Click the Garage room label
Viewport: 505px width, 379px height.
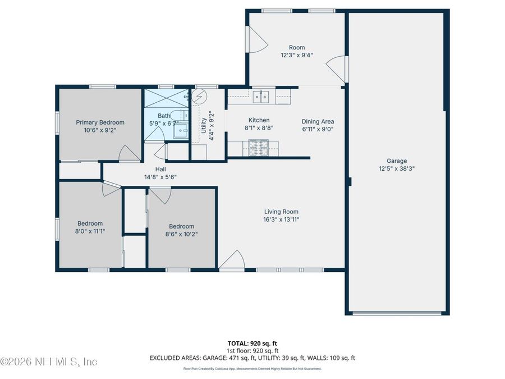[396, 161]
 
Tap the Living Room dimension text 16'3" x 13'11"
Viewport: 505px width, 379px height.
[282, 220]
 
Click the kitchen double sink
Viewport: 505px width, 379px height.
[261, 97]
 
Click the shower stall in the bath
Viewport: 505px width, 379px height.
[166, 99]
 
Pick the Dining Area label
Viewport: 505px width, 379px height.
[318, 121]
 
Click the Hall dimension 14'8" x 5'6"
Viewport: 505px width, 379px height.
[160, 177]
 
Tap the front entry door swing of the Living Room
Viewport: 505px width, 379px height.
[232, 261]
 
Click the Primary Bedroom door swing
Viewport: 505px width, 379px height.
[128, 153]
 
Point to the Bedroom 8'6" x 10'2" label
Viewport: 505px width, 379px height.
[182, 227]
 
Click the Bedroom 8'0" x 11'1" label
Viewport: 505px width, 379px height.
[90, 223]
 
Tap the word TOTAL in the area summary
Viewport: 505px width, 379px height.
[238, 343]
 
